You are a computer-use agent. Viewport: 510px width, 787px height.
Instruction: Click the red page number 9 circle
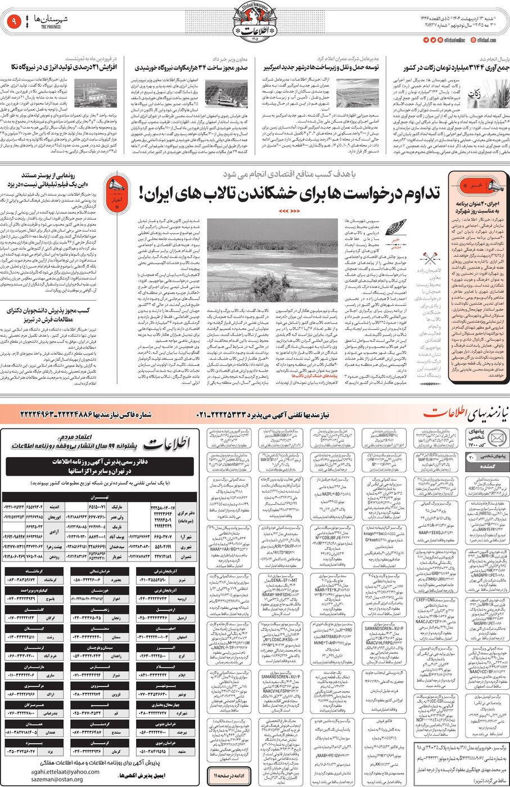pyautogui.click(x=12, y=22)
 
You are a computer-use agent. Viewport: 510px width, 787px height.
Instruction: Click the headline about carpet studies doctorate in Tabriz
pyautogui.click(x=48, y=314)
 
